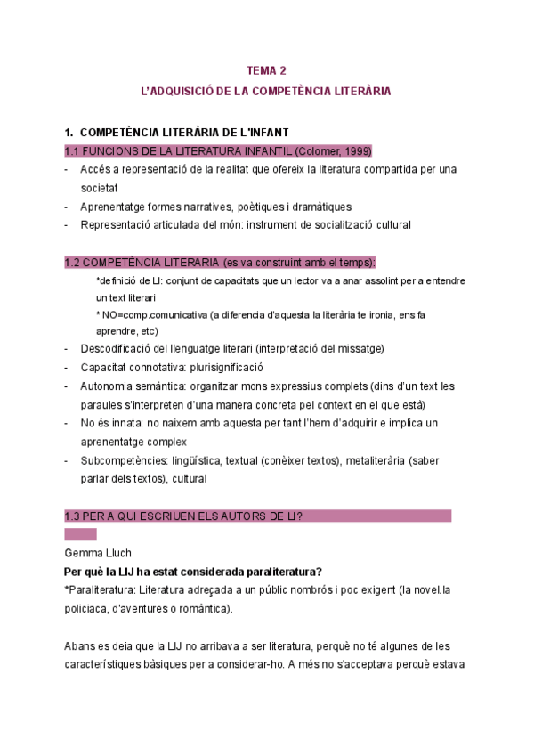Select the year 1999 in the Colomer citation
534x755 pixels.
356,150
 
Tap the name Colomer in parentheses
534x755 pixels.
319,150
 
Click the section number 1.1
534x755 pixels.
74,150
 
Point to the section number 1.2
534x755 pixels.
74,262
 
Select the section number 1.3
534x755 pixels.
74,516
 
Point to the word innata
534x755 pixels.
135,423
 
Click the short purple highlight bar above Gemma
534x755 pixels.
80,534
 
